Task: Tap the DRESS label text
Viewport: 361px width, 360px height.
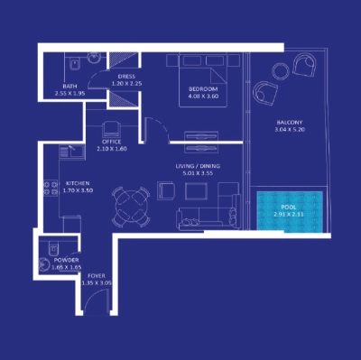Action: tap(125, 77)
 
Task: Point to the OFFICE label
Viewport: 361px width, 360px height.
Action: tap(112, 141)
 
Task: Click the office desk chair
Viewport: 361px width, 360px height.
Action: tap(113, 128)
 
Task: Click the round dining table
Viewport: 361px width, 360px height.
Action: tap(130, 206)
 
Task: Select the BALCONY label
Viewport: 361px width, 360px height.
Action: tap(289, 122)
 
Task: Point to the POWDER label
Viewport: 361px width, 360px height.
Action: tap(67, 260)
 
